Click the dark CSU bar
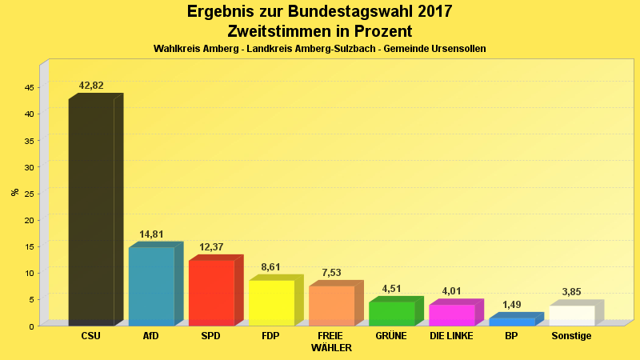91,212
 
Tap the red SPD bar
211,293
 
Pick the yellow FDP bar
271,302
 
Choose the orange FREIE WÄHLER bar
331,306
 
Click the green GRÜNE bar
391,314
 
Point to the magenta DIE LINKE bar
451,315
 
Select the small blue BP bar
511,322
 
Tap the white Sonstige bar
571,315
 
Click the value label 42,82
91,86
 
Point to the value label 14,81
151,234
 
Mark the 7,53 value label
331,273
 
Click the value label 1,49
511,305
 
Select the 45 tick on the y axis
29,87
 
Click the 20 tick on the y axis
29,220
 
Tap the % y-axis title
14,192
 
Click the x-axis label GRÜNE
391,336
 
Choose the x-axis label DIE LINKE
451,336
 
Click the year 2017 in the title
433,12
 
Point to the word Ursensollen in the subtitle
458,49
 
